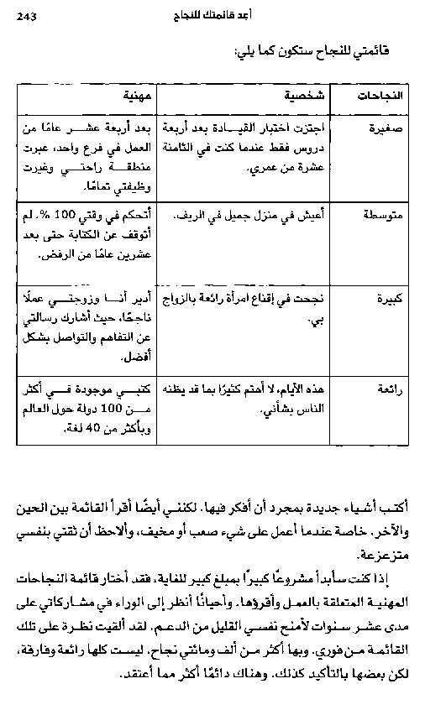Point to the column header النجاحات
coord(380,96)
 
